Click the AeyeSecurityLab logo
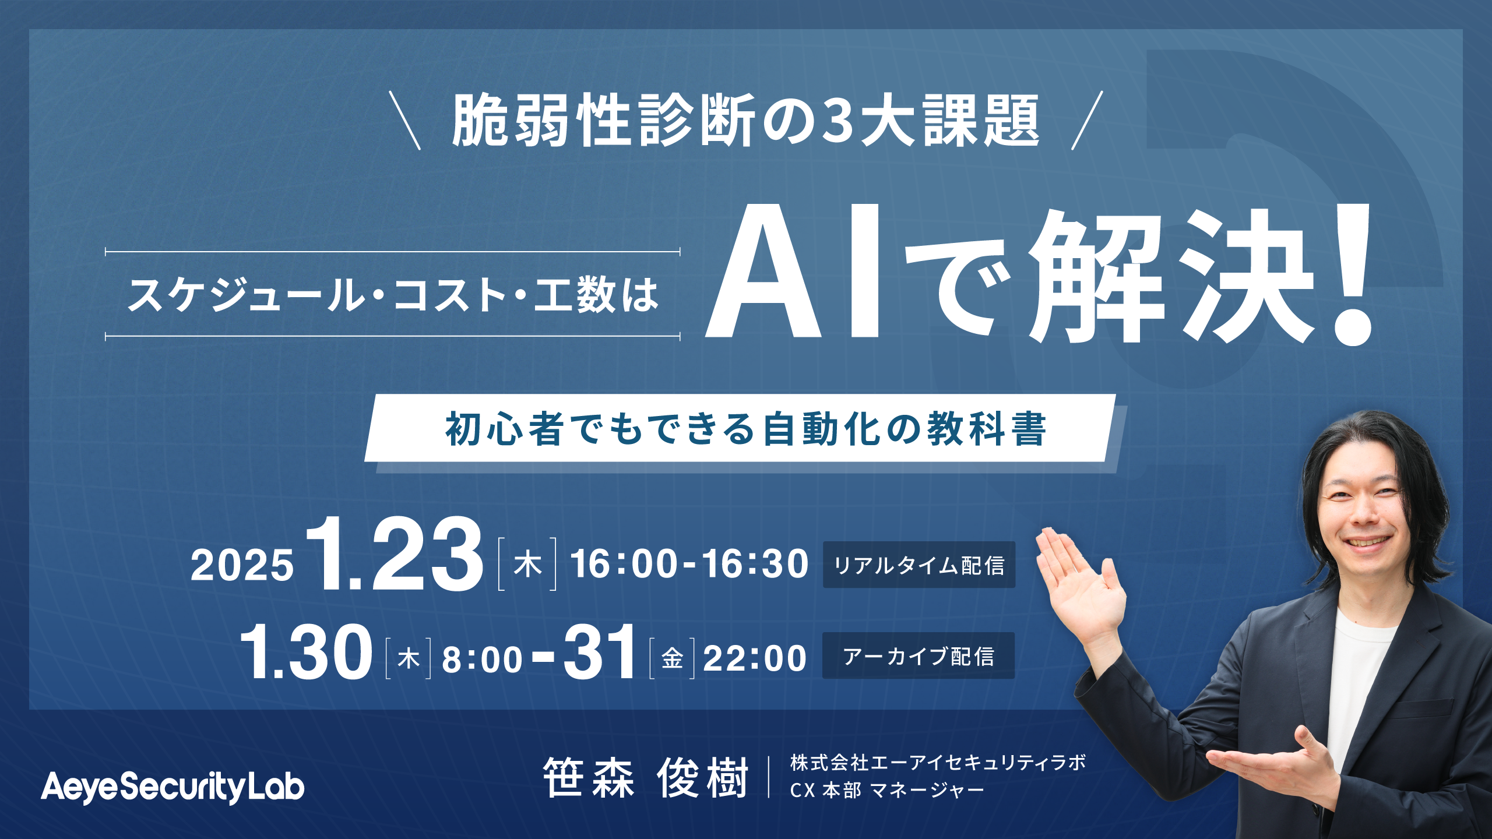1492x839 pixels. [x=173, y=788]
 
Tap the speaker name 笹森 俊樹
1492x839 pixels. [x=645, y=778]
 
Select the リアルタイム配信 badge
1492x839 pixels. [x=919, y=565]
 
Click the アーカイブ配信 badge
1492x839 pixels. [x=919, y=656]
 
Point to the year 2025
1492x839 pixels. [x=242, y=566]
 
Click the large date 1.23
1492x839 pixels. [x=395, y=554]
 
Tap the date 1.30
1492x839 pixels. [x=306, y=652]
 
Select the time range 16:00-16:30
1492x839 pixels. [x=689, y=565]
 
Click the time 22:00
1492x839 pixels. [x=755, y=659]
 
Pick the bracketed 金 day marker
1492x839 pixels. [x=672, y=659]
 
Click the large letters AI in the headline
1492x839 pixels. [x=793, y=272]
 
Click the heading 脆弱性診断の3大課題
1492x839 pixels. [x=746, y=121]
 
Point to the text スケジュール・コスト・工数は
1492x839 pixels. [x=393, y=295]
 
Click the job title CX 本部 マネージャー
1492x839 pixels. [x=887, y=791]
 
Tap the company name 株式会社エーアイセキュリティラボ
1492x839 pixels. [x=938, y=763]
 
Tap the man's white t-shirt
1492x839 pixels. [x=1358, y=688]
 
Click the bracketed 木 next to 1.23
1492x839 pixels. [x=527, y=565]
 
